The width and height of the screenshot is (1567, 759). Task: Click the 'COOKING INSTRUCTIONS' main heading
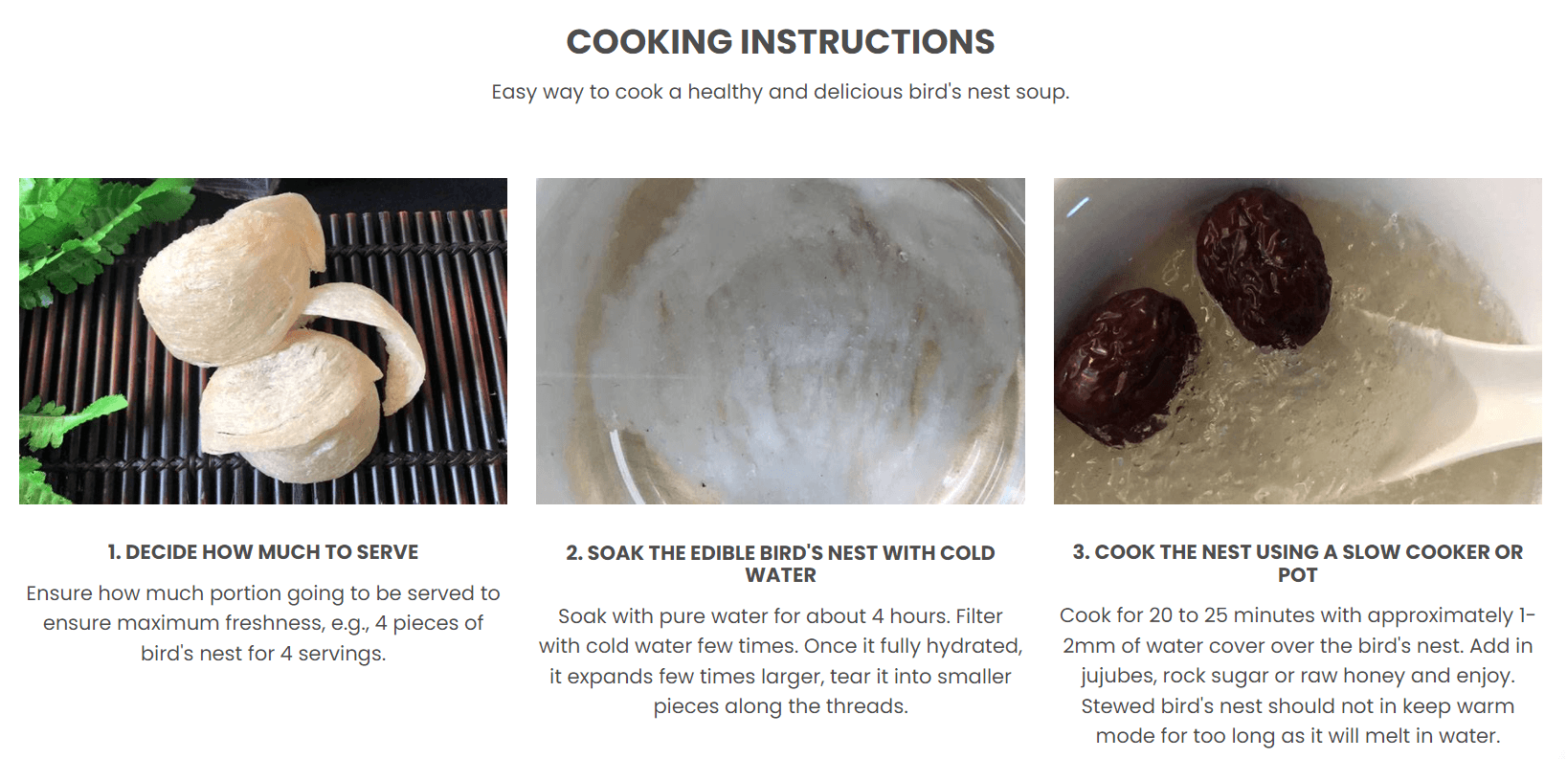point(780,42)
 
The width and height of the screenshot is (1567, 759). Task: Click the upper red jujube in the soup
point(1264,267)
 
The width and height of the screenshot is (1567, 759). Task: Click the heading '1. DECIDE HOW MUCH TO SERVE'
point(263,552)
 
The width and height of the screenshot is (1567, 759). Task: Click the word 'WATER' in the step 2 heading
point(780,575)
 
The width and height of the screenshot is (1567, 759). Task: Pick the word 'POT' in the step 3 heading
point(1298,575)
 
